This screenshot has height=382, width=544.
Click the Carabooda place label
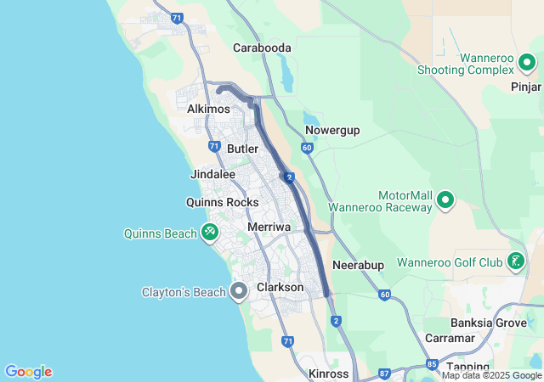(x=263, y=48)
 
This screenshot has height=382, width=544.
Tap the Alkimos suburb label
(x=209, y=110)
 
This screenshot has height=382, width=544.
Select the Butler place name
(x=243, y=149)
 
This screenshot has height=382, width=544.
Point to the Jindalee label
(x=212, y=174)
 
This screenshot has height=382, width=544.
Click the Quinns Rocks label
(x=223, y=202)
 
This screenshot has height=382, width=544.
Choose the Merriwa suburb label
(x=269, y=228)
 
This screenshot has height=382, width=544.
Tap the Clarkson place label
(x=280, y=288)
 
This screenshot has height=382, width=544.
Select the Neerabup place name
(x=359, y=265)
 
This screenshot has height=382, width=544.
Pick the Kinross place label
(x=329, y=374)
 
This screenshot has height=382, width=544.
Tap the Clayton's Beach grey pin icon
(x=239, y=292)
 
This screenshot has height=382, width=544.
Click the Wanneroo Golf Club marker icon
(x=516, y=261)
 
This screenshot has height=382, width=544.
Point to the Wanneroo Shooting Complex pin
(x=528, y=63)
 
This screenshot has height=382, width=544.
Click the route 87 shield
(x=384, y=373)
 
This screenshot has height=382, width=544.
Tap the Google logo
(x=29, y=372)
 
